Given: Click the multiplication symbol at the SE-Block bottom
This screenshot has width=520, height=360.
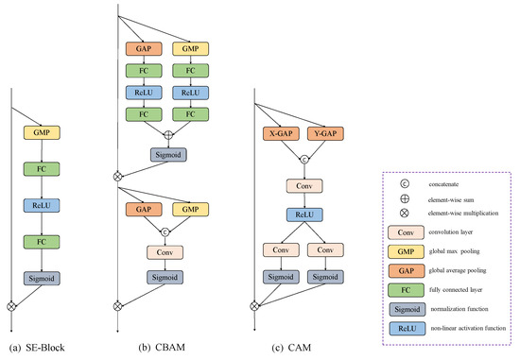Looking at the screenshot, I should pos(12,305).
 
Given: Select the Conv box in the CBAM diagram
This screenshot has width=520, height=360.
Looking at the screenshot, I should pos(166,252).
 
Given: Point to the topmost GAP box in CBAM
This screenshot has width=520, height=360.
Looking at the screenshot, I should pos(142,46).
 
